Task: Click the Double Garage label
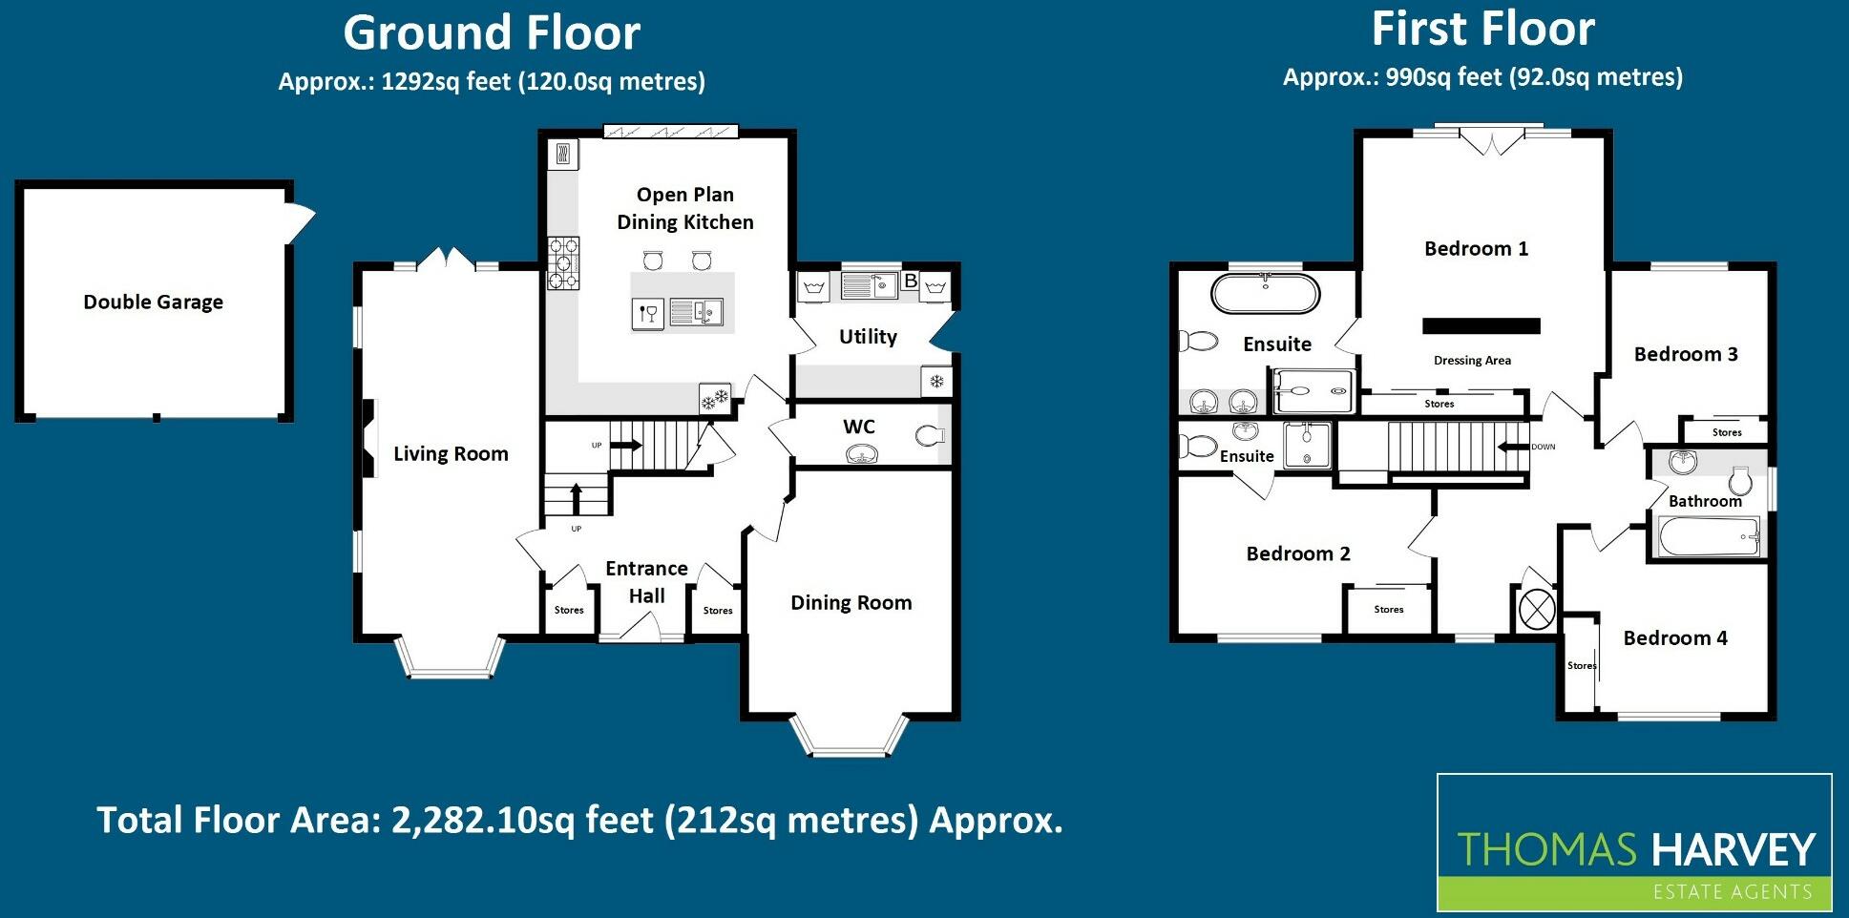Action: tap(153, 303)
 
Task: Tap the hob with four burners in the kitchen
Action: tap(563, 262)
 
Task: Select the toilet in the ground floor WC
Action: tap(929, 436)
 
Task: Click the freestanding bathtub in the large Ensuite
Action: tap(1265, 293)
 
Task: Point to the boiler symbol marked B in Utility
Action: tap(910, 281)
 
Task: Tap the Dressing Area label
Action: tap(1472, 361)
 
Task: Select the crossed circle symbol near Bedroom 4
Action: tap(1537, 609)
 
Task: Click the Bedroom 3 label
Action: tap(1686, 354)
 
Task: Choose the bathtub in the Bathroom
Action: tap(1709, 536)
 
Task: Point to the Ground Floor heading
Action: tap(492, 33)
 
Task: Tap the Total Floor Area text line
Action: tap(579, 820)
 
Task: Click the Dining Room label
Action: tap(851, 603)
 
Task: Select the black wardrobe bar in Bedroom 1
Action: tap(1481, 326)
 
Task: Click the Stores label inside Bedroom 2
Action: tap(1388, 609)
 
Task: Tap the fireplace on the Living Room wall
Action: tap(367, 436)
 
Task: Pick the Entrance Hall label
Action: tap(646, 581)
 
